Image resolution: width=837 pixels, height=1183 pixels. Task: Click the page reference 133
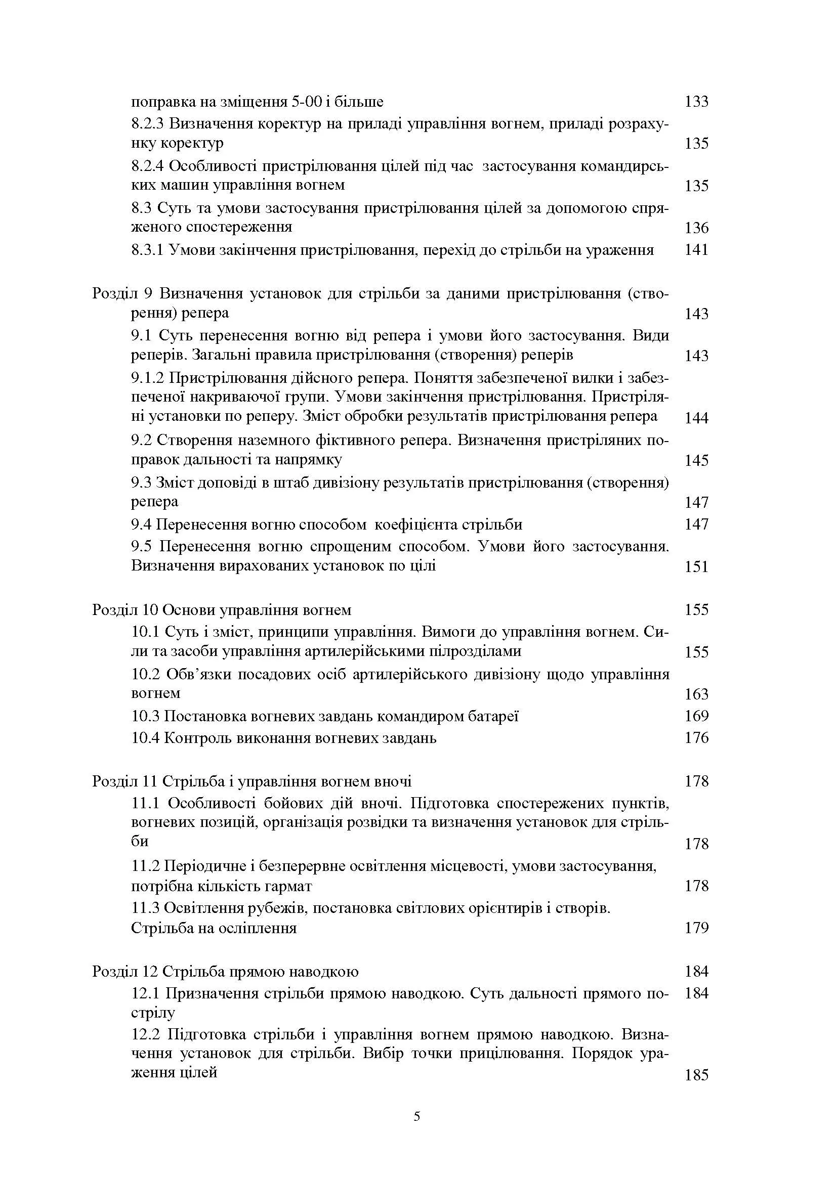[696, 102]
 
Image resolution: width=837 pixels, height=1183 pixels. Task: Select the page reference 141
[696, 250]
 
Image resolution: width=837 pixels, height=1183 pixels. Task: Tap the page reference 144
[696, 417]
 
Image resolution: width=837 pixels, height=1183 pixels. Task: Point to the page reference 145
[696, 460]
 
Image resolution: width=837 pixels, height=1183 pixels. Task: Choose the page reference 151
[696, 567]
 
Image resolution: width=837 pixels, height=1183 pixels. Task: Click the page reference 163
[696, 694]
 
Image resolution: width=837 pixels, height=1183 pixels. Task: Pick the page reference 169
[696, 716]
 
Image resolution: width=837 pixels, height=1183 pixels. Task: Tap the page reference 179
[696, 928]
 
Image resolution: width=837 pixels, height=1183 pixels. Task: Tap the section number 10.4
[146, 738]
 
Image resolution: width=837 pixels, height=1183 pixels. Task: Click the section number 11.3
[146, 907]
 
